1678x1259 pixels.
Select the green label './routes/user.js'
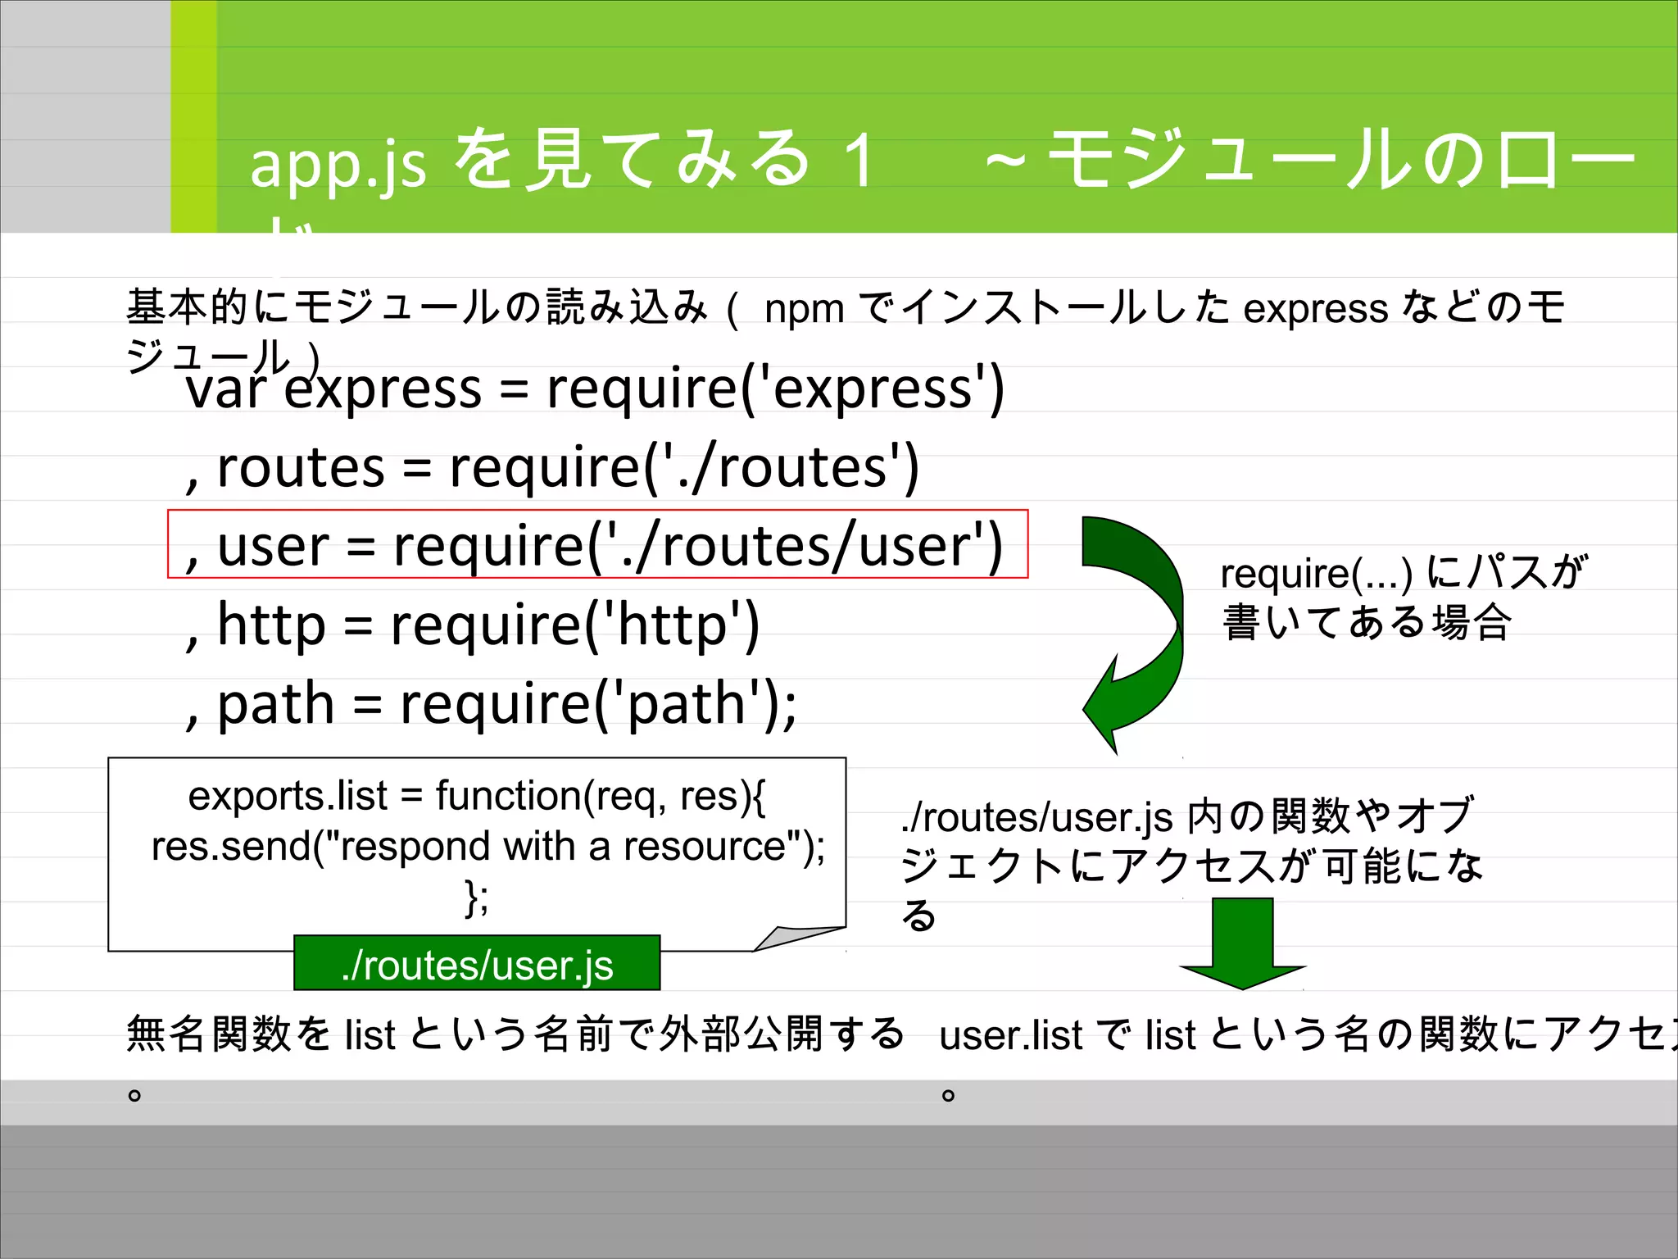[x=477, y=965]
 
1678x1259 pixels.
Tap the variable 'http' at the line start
[x=271, y=625]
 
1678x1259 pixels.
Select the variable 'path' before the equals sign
[x=275, y=703]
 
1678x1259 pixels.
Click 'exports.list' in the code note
[x=288, y=796]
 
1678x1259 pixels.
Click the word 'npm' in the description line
[x=804, y=310]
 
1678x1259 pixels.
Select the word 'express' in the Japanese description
[x=1315, y=310]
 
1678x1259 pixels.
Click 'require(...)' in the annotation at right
[x=1316, y=573]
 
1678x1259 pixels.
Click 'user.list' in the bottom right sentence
[x=1011, y=1035]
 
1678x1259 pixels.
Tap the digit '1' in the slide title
[x=859, y=161]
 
